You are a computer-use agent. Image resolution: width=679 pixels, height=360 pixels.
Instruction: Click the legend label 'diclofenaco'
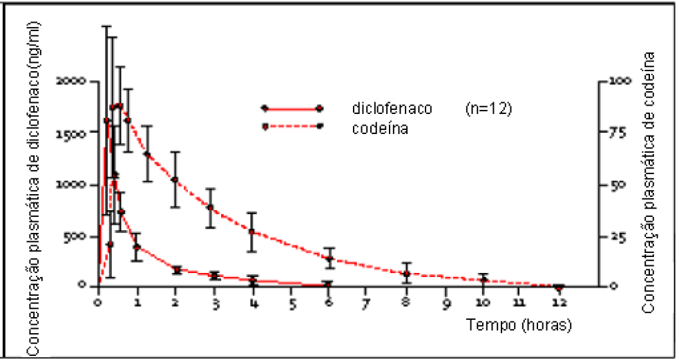(392, 109)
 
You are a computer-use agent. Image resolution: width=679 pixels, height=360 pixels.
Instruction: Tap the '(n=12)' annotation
(488, 109)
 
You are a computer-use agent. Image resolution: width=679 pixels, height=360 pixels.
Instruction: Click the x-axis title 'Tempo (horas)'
(519, 323)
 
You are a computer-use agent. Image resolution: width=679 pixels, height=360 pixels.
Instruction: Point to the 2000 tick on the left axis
(70, 81)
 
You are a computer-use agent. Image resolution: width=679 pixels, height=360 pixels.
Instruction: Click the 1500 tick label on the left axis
(70, 133)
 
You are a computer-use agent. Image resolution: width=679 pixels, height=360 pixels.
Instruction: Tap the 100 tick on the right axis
(617, 81)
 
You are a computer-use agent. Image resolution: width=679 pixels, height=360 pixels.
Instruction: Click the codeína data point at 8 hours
(407, 274)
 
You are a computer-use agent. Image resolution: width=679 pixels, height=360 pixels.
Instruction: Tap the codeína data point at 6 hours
(329, 259)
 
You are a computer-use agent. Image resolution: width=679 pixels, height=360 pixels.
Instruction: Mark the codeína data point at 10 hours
(484, 280)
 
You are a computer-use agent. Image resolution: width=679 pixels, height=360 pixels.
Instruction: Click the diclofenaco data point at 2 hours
(176, 270)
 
